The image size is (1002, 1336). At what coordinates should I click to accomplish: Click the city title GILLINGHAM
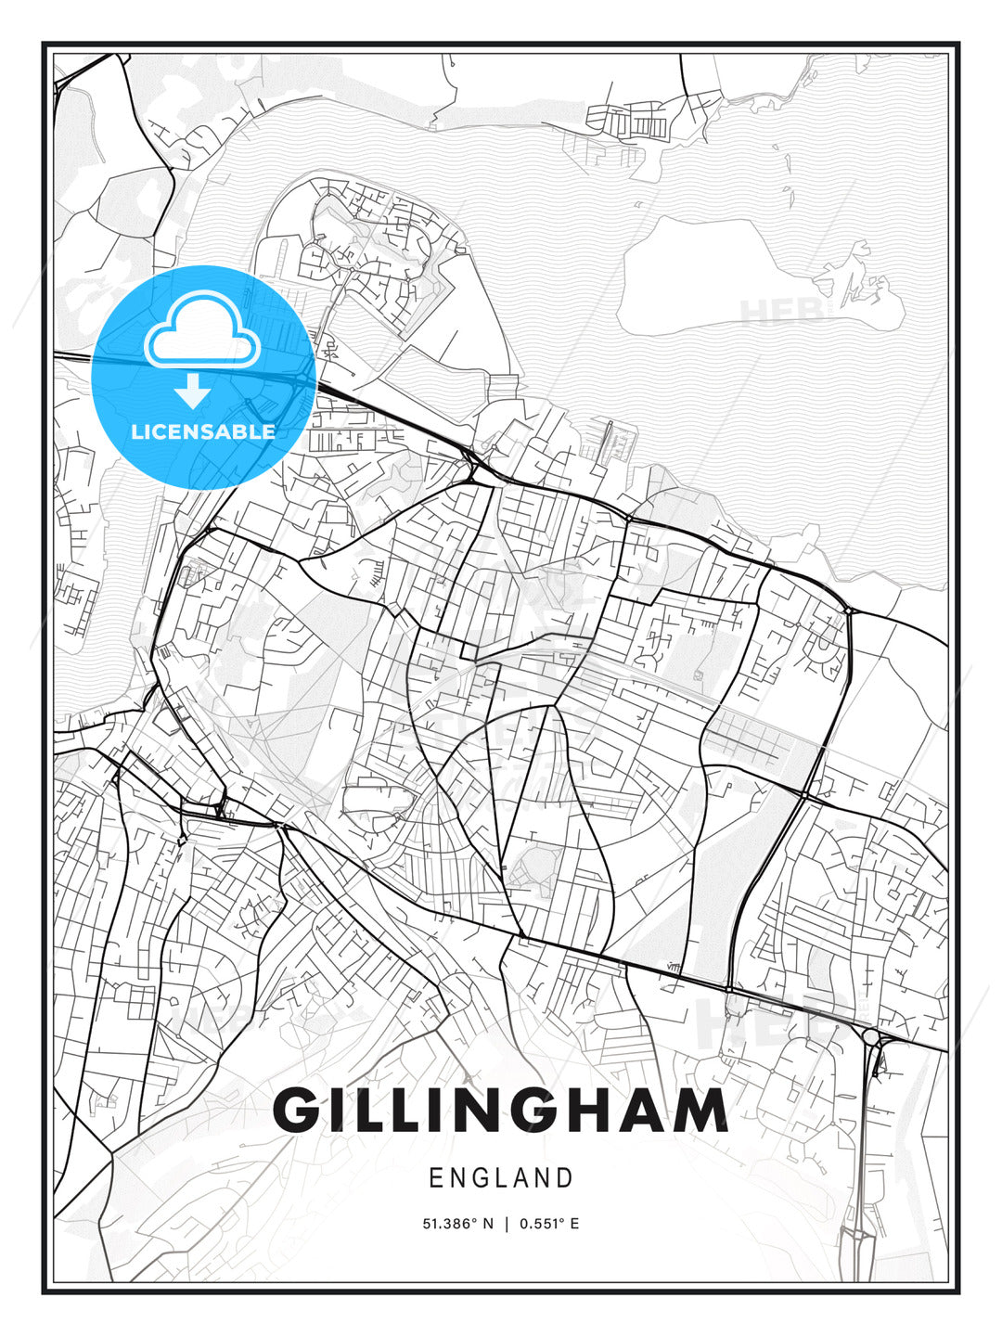pyautogui.click(x=500, y=1111)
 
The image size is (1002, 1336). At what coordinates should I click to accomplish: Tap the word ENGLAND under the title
pyautogui.click(x=500, y=1178)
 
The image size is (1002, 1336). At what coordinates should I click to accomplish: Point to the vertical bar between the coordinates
pyautogui.click(x=507, y=1224)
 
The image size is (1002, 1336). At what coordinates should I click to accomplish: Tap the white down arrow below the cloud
pyautogui.click(x=193, y=392)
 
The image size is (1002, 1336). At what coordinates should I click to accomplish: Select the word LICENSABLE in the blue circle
pyautogui.click(x=203, y=431)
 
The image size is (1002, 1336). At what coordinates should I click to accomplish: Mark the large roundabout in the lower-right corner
pyautogui.click(x=870, y=1035)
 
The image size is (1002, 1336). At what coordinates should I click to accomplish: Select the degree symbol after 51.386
pyautogui.click(x=476, y=1221)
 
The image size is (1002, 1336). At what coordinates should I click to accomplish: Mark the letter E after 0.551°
pyautogui.click(x=574, y=1224)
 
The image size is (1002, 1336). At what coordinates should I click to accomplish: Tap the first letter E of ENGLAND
pyautogui.click(x=435, y=1178)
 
